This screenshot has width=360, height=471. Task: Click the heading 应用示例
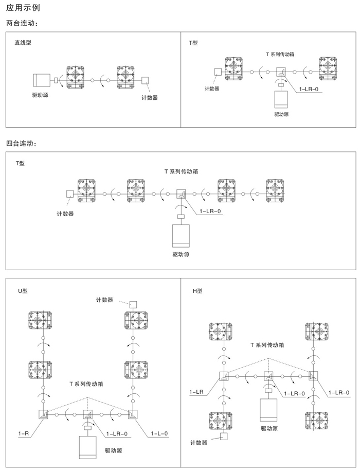24,9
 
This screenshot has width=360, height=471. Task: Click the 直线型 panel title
23,43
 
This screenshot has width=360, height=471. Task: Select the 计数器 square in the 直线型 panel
146,81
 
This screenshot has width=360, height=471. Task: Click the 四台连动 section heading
21,143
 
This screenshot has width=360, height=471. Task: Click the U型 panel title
23,291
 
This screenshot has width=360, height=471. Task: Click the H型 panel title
198,291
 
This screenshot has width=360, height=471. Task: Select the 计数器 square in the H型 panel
224,437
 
